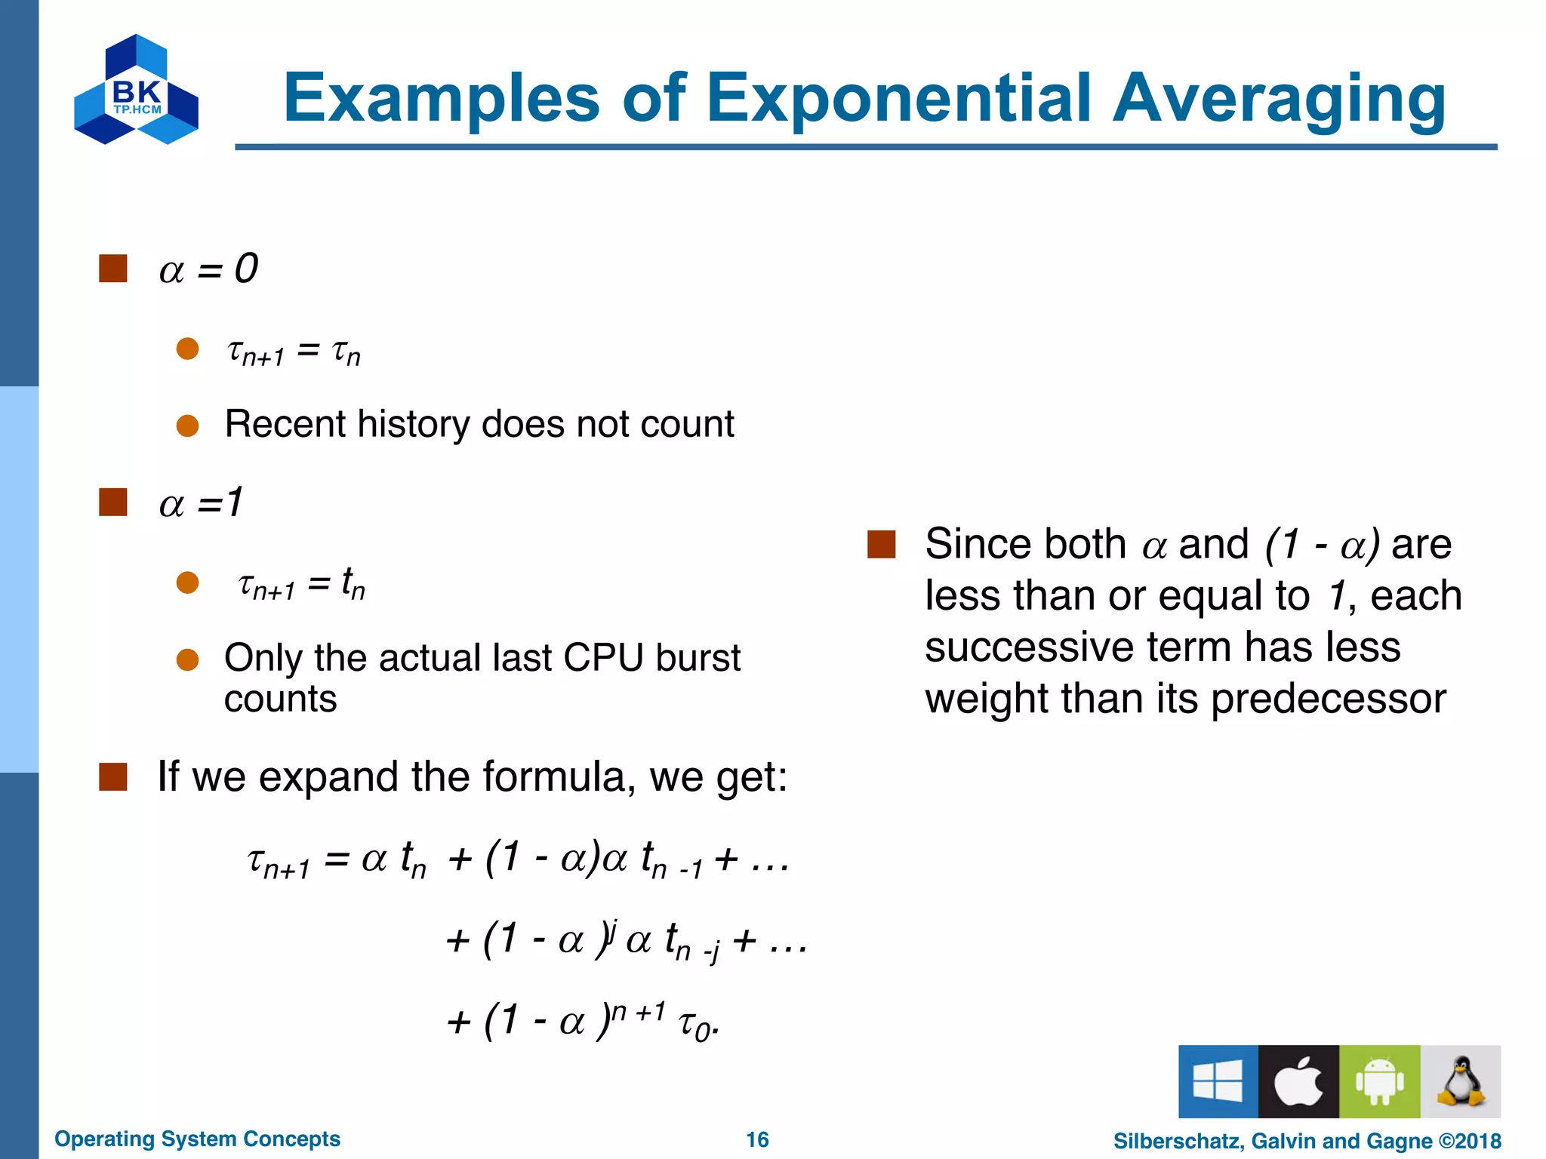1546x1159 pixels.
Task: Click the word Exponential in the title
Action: coord(899,98)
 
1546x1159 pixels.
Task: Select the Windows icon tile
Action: coord(1218,1081)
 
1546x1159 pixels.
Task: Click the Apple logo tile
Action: coord(1298,1081)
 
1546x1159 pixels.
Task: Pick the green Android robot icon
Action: coord(1379,1081)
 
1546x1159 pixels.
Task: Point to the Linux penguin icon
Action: coord(1460,1081)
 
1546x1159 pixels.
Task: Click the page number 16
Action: coord(757,1139)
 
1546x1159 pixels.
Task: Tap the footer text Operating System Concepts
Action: coord(197,1139)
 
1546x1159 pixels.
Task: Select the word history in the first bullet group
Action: coord(414,424)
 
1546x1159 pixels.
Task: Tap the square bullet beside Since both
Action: coord(881,544)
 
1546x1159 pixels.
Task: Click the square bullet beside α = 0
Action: coord(113,269)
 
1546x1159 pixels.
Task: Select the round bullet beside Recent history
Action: coord(187,426)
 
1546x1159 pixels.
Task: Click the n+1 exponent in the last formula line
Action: coord(638,1012)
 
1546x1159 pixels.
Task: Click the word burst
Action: coord(698,657)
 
